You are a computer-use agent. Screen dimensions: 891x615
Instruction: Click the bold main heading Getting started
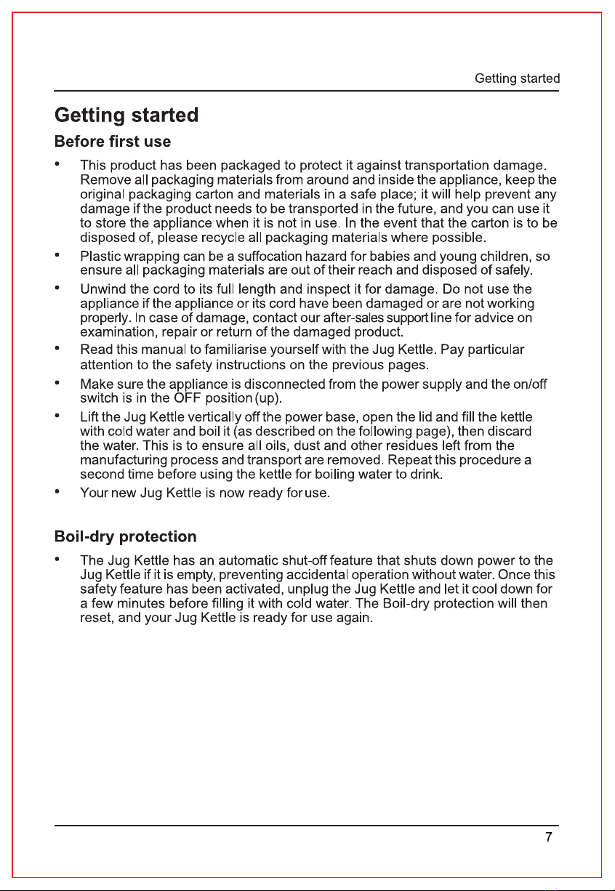[126, 116]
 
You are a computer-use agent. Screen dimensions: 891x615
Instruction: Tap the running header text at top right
[517, 78]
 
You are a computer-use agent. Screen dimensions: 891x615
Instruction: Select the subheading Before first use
[113, 140]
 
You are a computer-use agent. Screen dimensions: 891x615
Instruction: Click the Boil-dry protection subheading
[126, 537]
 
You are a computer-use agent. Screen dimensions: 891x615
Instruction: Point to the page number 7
[550, 837]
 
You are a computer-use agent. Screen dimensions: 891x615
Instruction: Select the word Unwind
[100, 289]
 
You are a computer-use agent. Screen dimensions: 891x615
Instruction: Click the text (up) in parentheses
[268, 399]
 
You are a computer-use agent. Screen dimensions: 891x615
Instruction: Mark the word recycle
[229, 238]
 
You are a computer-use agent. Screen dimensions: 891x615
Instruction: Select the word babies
[397, 257]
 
